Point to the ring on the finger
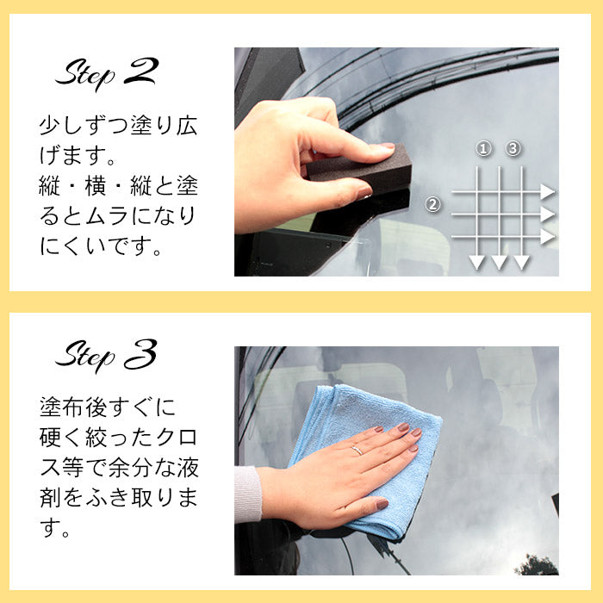pyautogui.click(x=357, y=450)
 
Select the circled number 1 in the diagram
pyautogui.click(x=484, y=149)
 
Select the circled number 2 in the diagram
pyautogui.click(x=433, y=205)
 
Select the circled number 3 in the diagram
pyautogui.click(x=513, y=149)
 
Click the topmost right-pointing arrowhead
pyautogui.click(x=548, y=191)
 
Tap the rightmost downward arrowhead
pyautogui.click(x=521, y=262)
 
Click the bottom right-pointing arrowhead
pyautogui.click(x=548, y=236)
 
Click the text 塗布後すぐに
pyautogui.click(x=107, y=406)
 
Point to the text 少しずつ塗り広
pyautogui.click(x=118, y=127)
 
